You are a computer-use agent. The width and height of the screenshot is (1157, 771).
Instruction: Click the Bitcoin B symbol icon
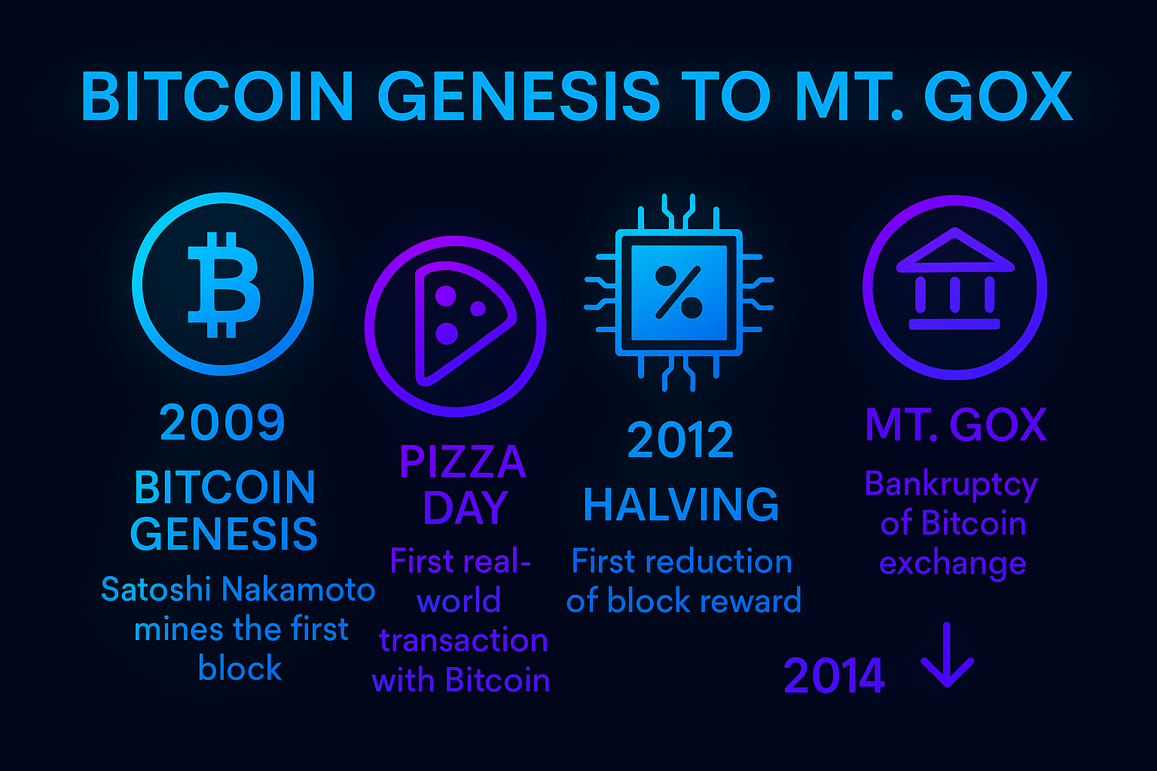(x=223, y=284)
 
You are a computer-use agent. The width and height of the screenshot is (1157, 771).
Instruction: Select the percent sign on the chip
(x=679, y=292)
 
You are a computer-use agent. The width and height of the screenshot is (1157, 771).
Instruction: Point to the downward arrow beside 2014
(x=947, y=655)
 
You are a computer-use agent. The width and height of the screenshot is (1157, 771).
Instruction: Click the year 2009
(x=222, y=422)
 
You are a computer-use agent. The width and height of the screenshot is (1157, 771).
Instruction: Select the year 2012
(x=680, y=440)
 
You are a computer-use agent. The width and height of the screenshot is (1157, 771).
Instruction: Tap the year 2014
(x=834, y=676)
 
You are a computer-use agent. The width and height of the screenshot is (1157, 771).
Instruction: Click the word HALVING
(x=681, y=505)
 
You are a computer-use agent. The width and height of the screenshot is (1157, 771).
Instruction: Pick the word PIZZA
(x=462, y=462)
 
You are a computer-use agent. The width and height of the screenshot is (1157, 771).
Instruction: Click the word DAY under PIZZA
(x=465, y=508)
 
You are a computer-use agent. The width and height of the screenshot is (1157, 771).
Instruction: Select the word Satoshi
(x=156, y=590)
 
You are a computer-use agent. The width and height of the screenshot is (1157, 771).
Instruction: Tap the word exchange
(x=952, y=563)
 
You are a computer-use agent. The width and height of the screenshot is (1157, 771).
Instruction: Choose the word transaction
(x=463, y=641)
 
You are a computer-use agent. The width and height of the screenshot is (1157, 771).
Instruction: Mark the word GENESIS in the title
(x=519, y=97)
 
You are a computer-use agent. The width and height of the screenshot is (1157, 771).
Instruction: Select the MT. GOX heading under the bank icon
(x=955, y=425)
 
